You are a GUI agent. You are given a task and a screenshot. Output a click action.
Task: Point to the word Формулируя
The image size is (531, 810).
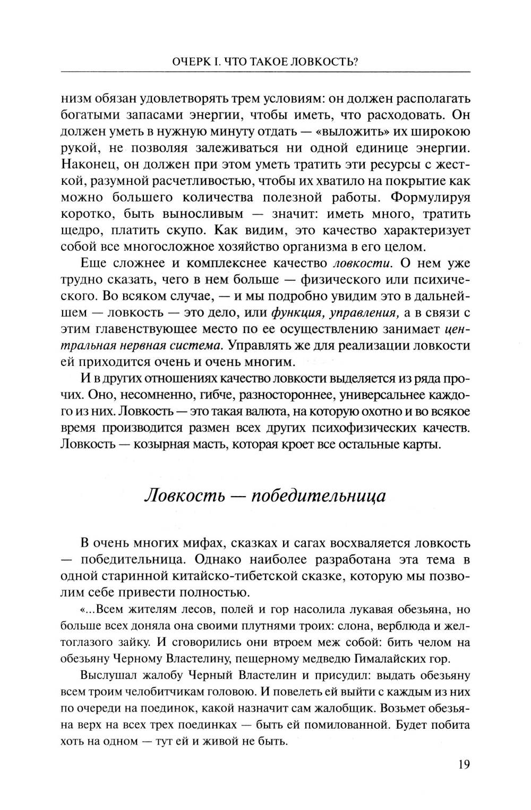click(431, 198)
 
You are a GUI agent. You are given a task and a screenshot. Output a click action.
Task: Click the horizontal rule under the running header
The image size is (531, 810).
click(265, 72)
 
